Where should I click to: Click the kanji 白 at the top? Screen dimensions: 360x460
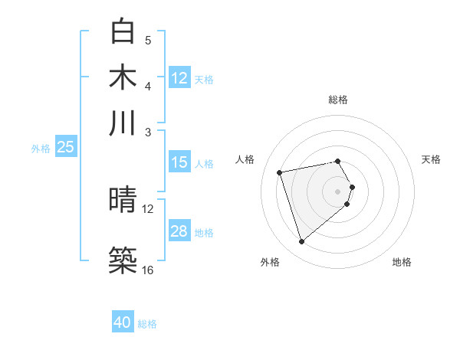tap(123, 32)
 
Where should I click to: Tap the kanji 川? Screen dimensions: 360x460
tap(123, 123)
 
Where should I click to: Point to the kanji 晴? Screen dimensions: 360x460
tap(123, 201)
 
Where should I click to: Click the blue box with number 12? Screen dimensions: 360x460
tap(179, 78)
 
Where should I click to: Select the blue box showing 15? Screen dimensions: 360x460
tap(179, 162)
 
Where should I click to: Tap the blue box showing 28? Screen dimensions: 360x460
tap(179, 231)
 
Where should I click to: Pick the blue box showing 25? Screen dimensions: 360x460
tap(65, 148)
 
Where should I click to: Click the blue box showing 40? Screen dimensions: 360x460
tap(123, 322)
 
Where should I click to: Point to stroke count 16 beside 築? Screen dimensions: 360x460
tap(148, 270)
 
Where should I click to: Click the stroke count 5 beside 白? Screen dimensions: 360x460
tap(148, 41)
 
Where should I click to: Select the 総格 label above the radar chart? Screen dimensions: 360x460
tap(337, 100)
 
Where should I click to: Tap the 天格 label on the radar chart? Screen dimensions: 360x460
tap(431, 159)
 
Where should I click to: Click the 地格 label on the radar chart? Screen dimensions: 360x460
tap(402, 262)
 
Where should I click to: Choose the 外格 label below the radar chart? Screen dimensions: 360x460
tap(270, 262)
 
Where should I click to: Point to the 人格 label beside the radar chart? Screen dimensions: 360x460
tap(245, 159)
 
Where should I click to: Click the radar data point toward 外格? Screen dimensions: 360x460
tap(301, 241)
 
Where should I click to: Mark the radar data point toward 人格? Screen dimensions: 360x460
tap(280, 172)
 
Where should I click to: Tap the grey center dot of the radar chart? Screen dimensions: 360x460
tap(337, 191)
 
